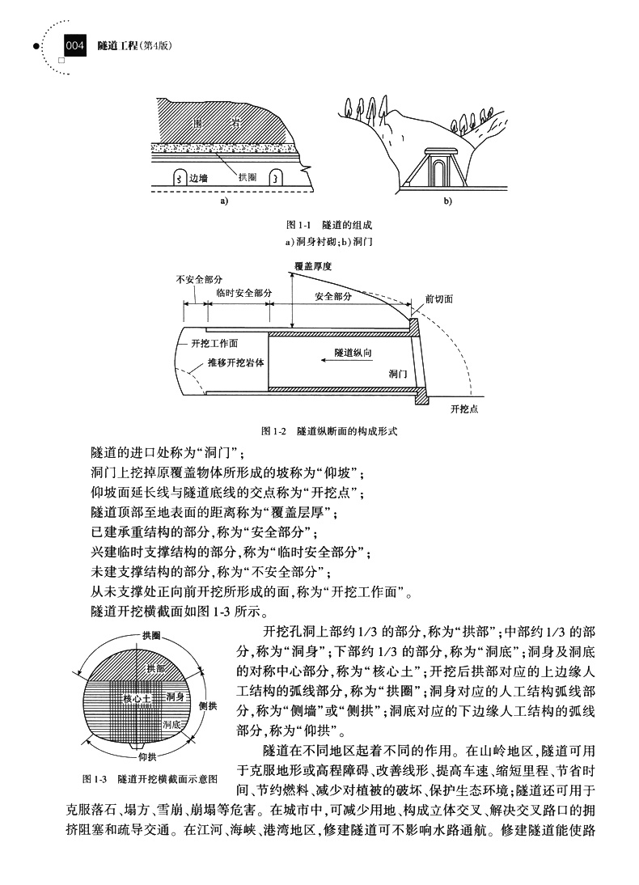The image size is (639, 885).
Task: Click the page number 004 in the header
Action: coord(74,48)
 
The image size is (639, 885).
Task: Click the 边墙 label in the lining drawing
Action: coord(197,178)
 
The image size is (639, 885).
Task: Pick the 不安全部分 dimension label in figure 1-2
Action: coord(195,280)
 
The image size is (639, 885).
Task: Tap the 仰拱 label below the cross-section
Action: coord(147,757)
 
